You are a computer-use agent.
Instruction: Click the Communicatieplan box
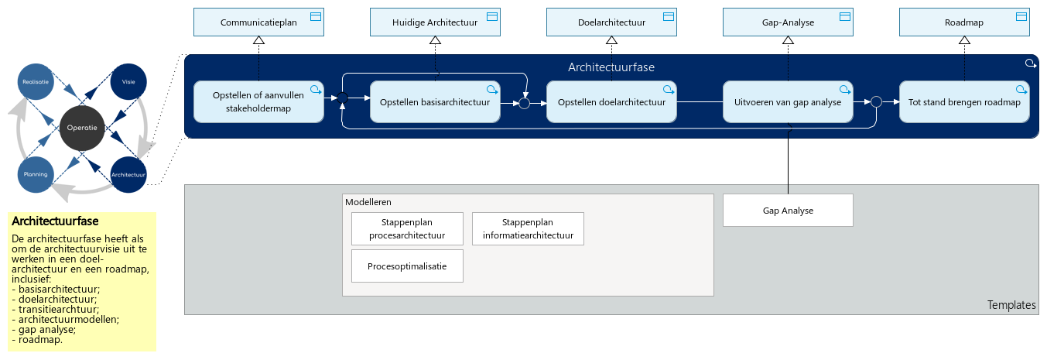coord(258,22)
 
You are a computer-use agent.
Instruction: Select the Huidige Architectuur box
coord(434,22)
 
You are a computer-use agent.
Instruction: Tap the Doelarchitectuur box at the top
coord(611,22)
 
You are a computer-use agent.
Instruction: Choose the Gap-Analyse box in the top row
coord(787,22)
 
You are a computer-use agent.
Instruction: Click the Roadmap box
coord(963,22)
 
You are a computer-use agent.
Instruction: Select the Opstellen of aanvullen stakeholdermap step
coord(258,101)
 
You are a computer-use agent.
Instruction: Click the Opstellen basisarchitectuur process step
coord(434,101)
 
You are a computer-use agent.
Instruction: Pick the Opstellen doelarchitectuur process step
coord(611,101)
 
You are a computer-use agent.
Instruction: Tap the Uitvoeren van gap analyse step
coord(787,101)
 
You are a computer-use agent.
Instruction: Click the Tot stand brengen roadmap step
coord(963,101)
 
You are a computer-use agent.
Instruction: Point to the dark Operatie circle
coord(82,128)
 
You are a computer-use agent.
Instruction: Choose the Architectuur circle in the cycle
coord(128,174)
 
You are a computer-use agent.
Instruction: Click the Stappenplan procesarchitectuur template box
coord(407,229)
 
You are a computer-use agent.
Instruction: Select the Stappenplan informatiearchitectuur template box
coord(527,229)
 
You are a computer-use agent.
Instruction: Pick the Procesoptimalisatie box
coord(407,266)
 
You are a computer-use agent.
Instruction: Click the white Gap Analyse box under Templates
coord(787,211)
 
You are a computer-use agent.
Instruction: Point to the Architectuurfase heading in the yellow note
coord(55,221)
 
